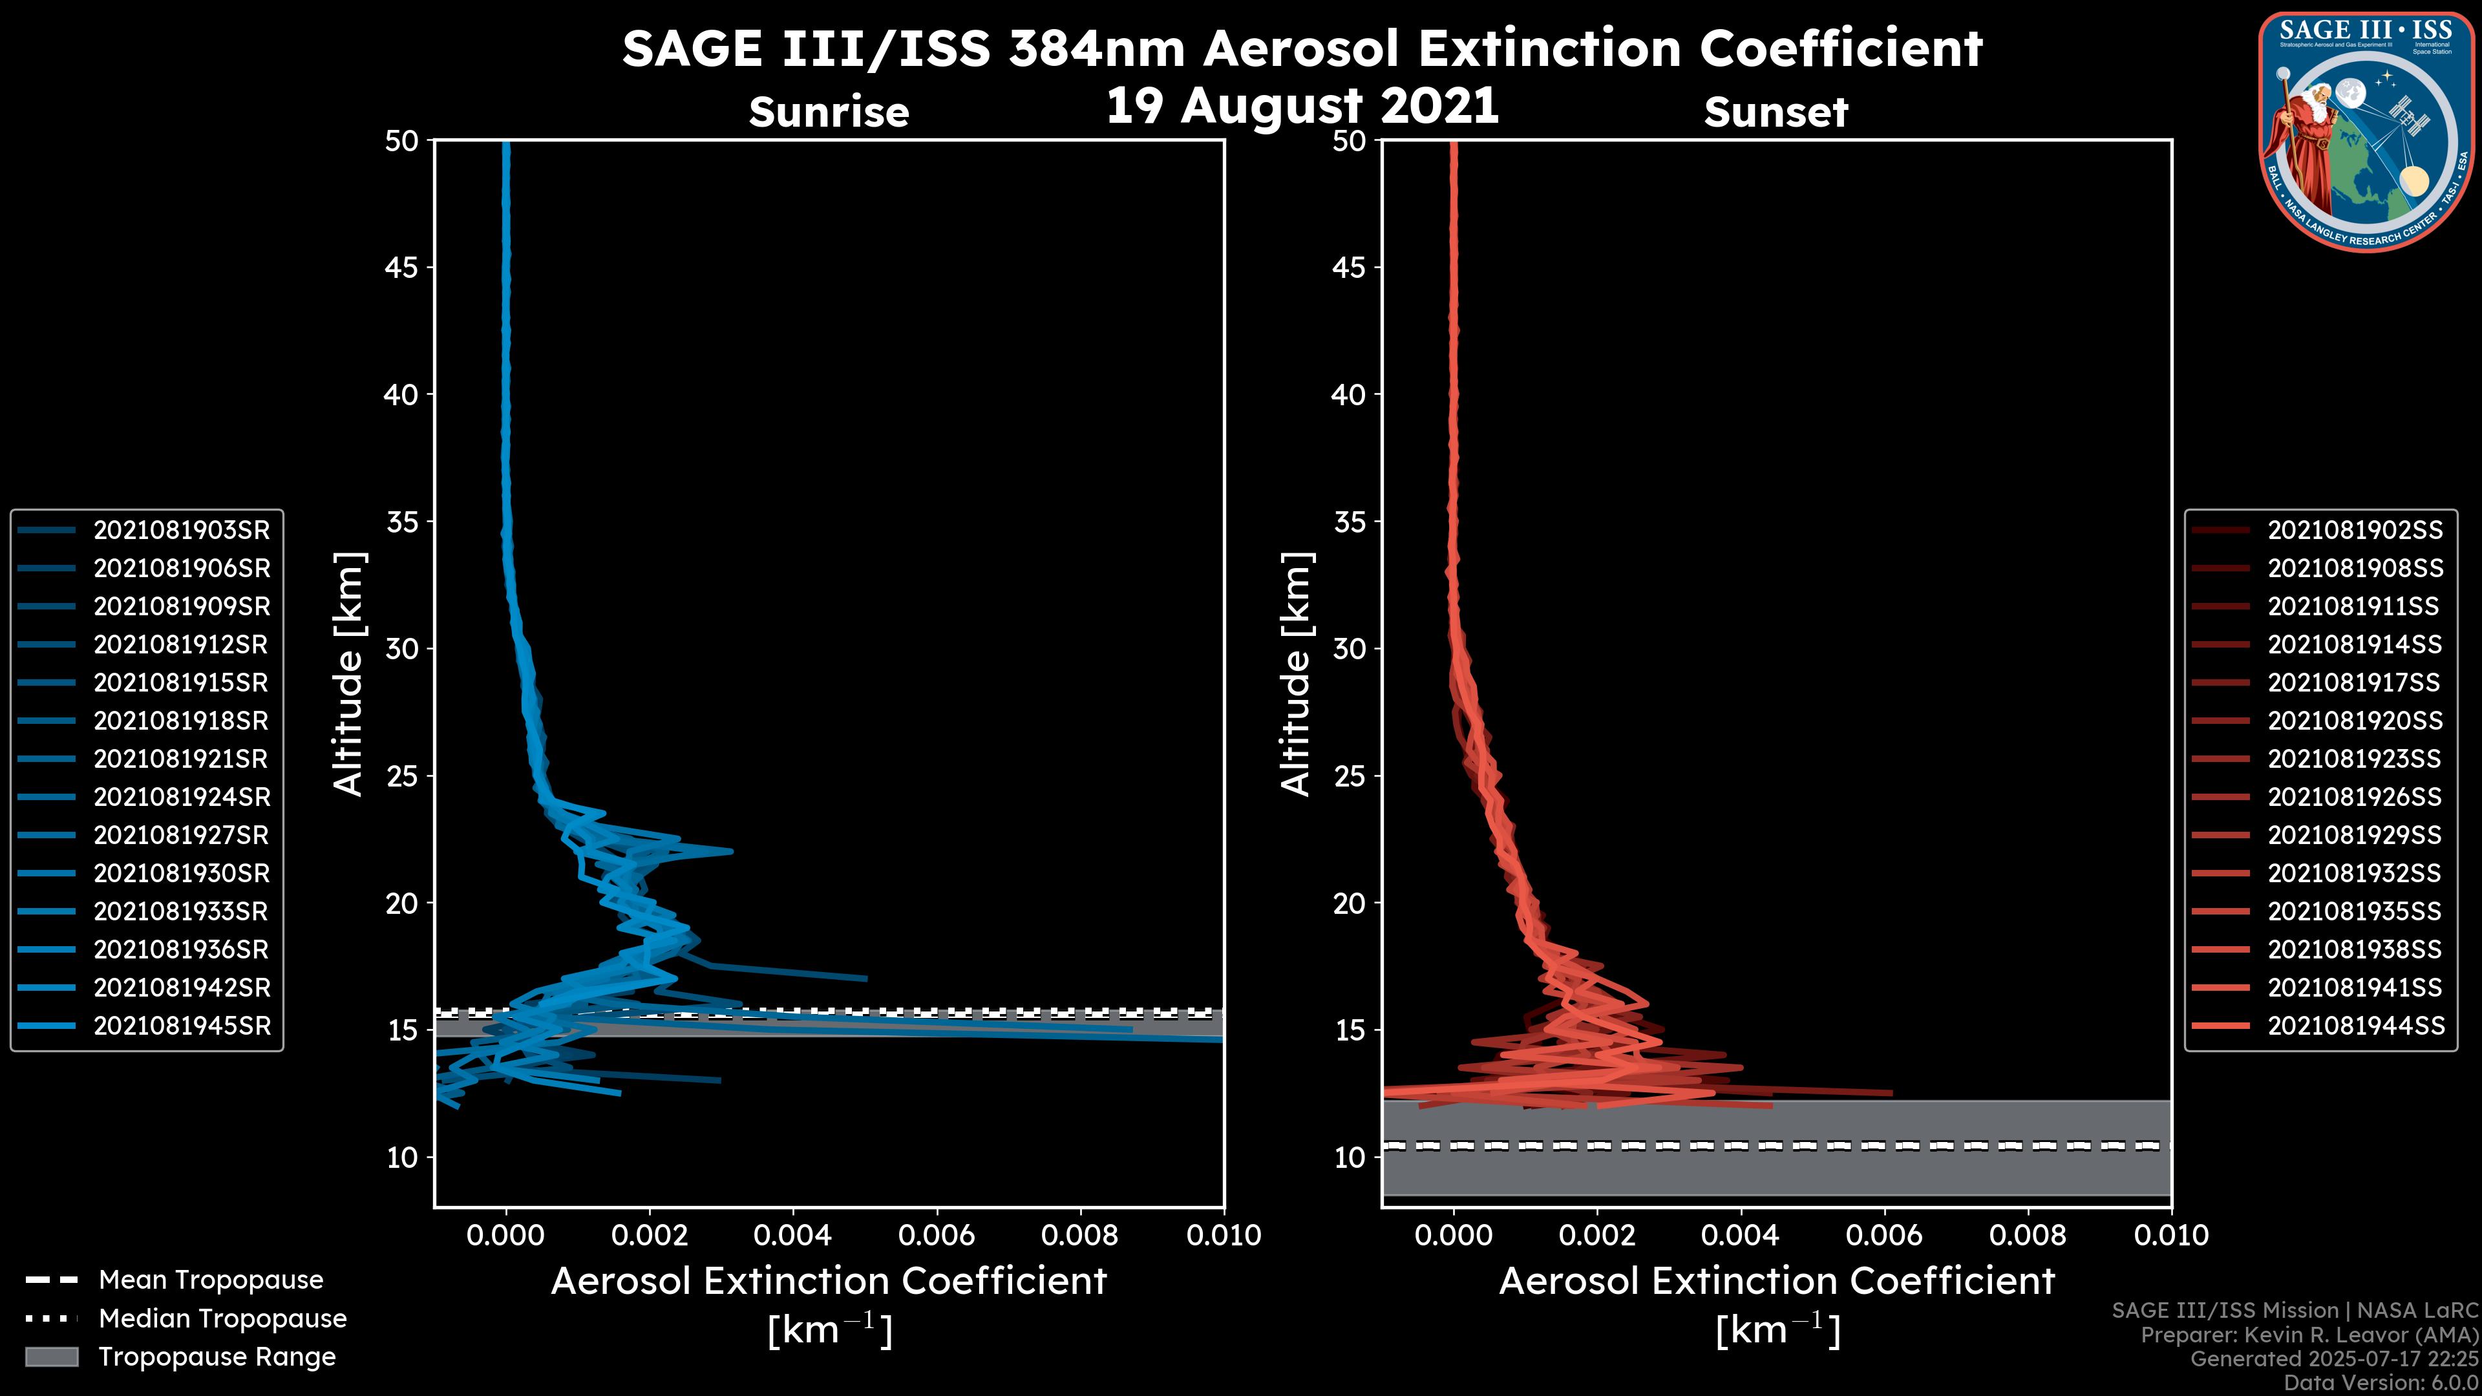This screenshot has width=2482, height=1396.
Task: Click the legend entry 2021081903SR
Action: tap(181, 530)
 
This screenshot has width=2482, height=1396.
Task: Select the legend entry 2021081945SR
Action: tap(181, 1026)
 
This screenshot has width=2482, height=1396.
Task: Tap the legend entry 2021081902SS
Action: tap(2355, 530)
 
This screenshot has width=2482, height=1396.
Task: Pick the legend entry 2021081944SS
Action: tap(2355, 1026)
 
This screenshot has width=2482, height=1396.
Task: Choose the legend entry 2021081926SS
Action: tap(2355, 797)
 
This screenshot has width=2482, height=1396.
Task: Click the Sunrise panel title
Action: tap(829, 112)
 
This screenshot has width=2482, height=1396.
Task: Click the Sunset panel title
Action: tap(1776, 112)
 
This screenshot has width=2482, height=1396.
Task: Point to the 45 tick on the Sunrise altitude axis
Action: tap(402, 268)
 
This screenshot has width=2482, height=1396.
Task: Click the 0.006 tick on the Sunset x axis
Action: tap(1885, 1235)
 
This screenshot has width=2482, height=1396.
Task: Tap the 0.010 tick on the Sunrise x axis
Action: tap(1224, 1235)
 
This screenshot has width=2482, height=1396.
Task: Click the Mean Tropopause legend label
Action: tap(211, 1280)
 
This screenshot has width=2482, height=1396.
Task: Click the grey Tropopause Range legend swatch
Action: tap(51, 1357)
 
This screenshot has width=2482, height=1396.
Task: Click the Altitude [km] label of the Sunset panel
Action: tap(1296, 674)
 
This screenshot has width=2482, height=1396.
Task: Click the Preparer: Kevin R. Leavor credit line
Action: tap(2309, 1335)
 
